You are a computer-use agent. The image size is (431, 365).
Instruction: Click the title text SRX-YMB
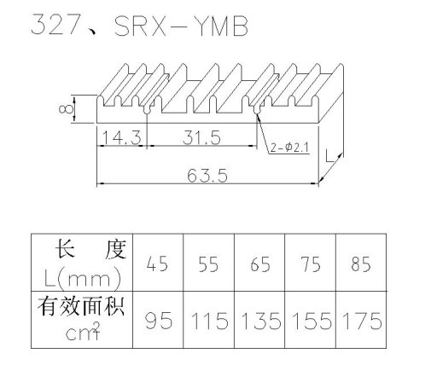(181, 26)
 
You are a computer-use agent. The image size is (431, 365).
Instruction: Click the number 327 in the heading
(55, 25)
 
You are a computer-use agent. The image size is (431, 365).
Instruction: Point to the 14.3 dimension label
(121, 137)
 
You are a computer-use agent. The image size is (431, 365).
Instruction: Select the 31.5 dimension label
(201, 137)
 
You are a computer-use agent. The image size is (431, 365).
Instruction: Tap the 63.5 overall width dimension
(207, 175)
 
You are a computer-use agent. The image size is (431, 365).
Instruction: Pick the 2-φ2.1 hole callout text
(289, 148)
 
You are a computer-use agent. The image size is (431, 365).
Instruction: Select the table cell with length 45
(158, 263)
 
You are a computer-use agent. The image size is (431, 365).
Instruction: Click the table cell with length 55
(208, 263)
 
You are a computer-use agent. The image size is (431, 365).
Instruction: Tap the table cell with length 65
(259, 263)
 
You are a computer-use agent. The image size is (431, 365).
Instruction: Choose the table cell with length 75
(311, 263)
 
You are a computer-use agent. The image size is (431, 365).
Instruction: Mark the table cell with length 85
(361, 263)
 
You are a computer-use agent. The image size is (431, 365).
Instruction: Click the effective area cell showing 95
(158, 320)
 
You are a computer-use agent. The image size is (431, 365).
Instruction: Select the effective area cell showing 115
(208, 320)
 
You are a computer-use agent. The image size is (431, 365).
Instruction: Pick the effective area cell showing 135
(259, 320)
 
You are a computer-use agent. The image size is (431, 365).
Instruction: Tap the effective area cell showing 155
(311, 320)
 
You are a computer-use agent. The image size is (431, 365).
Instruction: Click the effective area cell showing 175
(361, 320)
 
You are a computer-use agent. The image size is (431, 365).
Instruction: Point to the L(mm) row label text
(83, 278)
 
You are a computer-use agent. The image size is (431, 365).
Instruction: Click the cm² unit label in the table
(83, 332)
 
